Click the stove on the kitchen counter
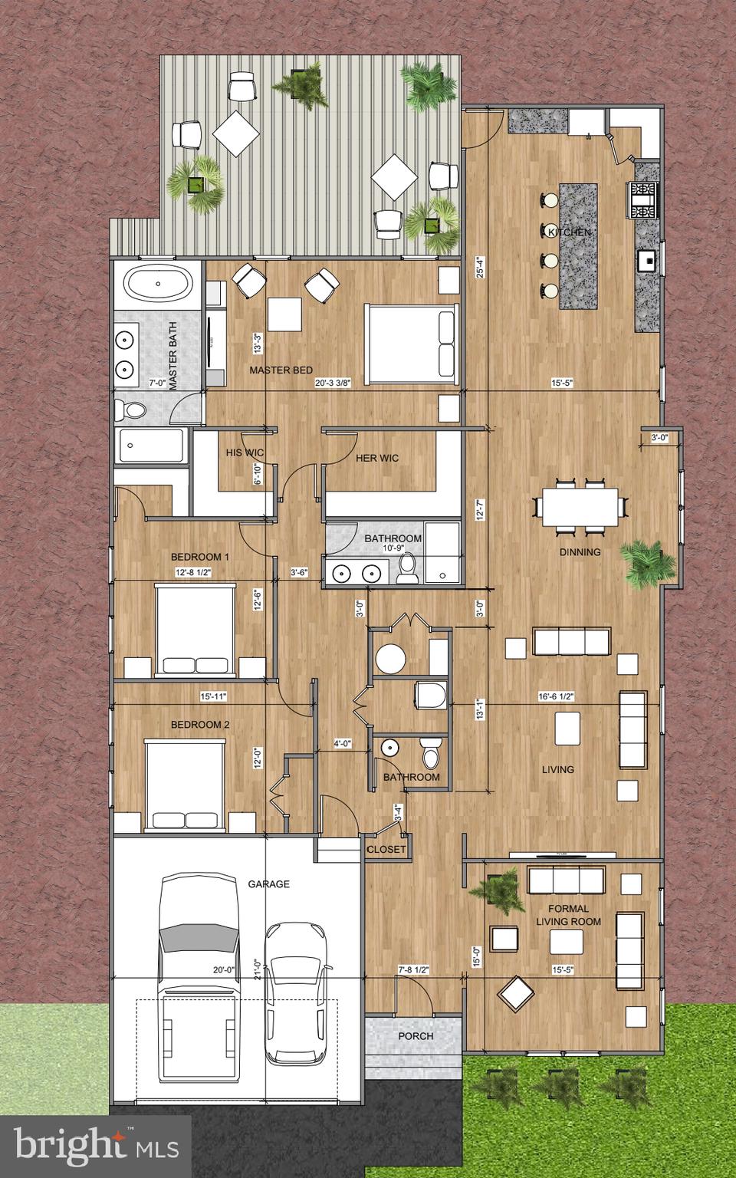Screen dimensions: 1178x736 coord(643,199)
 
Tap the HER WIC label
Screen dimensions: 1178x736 coord(377,459)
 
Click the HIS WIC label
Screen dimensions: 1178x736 coord(244,453)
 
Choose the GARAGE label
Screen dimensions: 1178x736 coord(268,884)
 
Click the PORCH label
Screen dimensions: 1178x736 coord(416,1036)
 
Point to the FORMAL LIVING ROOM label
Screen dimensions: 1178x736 coord(568,915)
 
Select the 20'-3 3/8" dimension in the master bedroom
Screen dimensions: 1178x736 coord(331,384)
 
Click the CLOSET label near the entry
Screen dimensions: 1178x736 coord(386,850)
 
